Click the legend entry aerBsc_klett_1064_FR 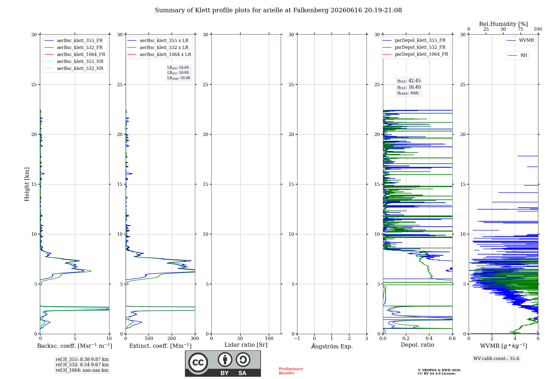pyautogui.click(x=75, y=54)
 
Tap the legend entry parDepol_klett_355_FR pyautogui.click(x=414, y=40)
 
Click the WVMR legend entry pyautogui.click(x=520, y=40)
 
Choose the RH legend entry pyautogui.click(x=517, y=55)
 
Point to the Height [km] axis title pyautogui.click(x=27, y=184)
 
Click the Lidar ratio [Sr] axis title pyautogui.click(x=246, y=345)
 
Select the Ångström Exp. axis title pyautogui.click(x=332, y=346)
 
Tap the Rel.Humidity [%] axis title pyautogui.click(x=504, y=24)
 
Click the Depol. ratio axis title pyautogui.click(x=417, y=345)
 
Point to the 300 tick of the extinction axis pyautogui.click(x=195, y=338)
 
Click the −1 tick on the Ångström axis pyautogui.click(x=297, y=338)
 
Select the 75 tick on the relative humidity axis pyautogui.click(x=521, y=29)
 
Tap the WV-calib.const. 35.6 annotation pyautogui.click(x=496, y=359)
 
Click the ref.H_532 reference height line pyautogui.click(x=82, y=365)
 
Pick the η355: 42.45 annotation pyautogui.click(x=409, y=81)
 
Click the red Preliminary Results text pyautogui.click(x=291, y=371)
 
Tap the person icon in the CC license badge pyautogui.click(x=225, y=359)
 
